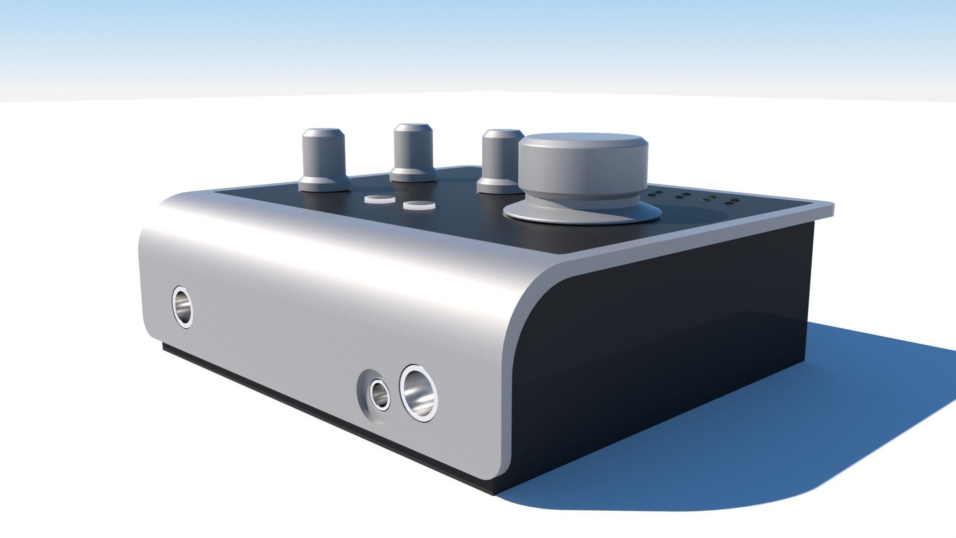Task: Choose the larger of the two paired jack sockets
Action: [x=420, y=391]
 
